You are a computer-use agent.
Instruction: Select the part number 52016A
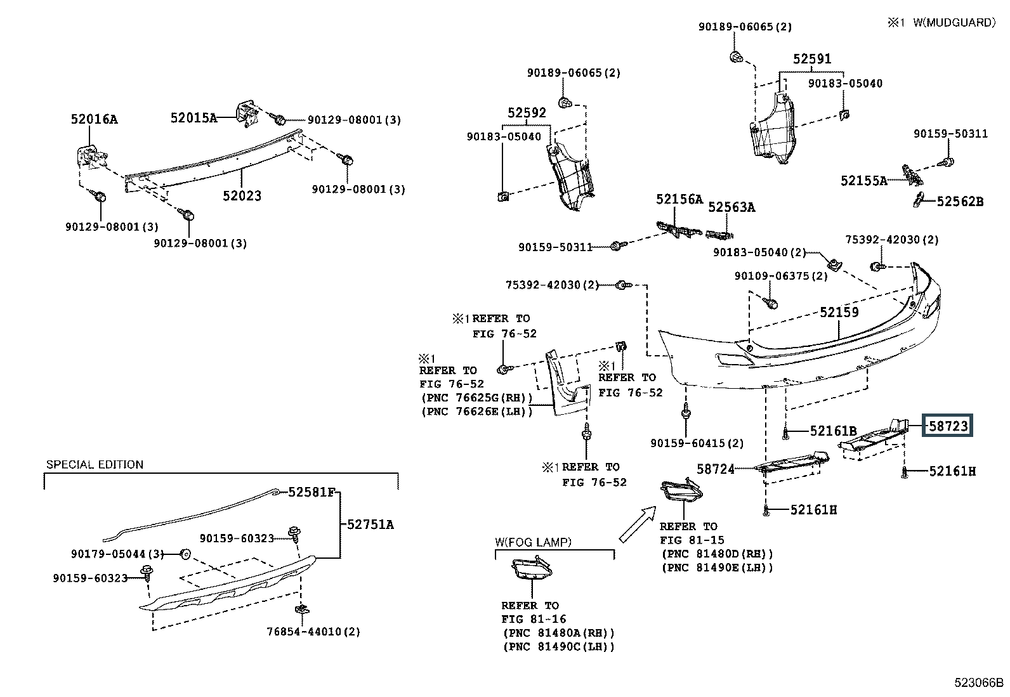pyautogui.click(x=95, y=119)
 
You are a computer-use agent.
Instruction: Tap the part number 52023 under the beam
pyautogui.click(x=242, y=196)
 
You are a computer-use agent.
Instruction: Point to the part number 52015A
pyautogui.click(x=194, y=118)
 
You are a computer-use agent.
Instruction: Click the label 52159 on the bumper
pyautogui.click(x=839, y=312)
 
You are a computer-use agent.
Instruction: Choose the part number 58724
pyautogui.click(x=716, y=469)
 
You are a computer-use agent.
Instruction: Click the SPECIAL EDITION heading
pyautogui.click(x=95, y=465)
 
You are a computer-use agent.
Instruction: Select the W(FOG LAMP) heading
pyautogui.click(x=533, y=542)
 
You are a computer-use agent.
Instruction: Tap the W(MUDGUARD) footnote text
pyautogui.click(x=954, y=23)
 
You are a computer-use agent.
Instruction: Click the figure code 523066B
pyautogui.click(x=978, y=682)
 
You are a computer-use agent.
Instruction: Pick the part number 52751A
pyautogui.click(x=370, y=524)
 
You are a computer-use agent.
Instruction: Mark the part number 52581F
pyautogui.click(x=312, y=492)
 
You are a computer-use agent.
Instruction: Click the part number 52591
pyautogui.click(x=812, y=58)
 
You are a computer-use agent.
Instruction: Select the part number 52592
pyautogui.click(x=527, y=112)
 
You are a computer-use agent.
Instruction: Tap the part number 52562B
pyautogui.click(x=961, y=202)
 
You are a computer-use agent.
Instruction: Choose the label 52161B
pyautogui.click(x=833, y=431)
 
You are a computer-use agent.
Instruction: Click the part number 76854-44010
pyautogui.click(x=305, y=632)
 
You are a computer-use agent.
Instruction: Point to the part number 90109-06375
pyautogui.click(x=772, y=275)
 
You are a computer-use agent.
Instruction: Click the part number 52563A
pyautogui.click(x=731, y=207)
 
